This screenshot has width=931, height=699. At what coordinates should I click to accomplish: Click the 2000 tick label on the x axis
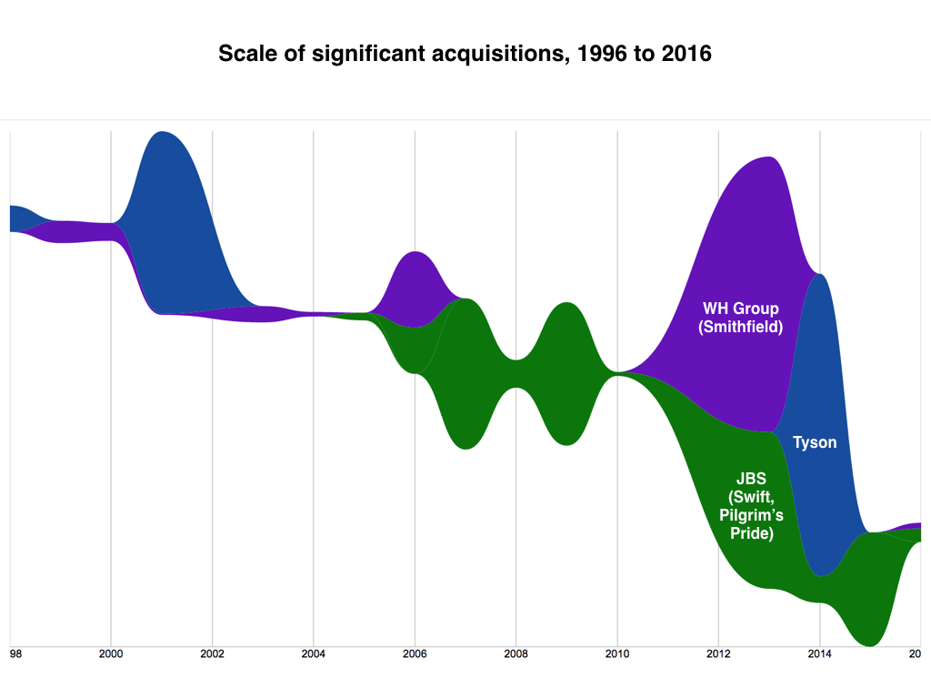click(x=111, y=653)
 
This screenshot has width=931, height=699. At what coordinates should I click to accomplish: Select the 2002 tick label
click(x=212, y=653)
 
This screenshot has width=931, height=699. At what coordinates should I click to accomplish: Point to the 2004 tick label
click(x=314, y=653)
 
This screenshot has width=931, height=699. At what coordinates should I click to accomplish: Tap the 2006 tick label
click(x=415, y=653)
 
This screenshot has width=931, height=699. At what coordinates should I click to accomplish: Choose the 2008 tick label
click(x=516, y=653)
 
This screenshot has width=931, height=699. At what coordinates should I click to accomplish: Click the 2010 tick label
click(x=617, y=653)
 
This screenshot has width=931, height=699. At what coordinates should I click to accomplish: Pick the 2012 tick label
click(x=718, y=653)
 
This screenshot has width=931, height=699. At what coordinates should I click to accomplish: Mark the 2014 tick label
click(x=820, y=653)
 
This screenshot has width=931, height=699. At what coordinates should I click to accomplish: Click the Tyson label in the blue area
click(x=815, y=443)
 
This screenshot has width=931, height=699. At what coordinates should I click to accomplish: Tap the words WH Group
click(x=740, y=308)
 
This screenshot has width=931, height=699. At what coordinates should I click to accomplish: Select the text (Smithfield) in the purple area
click(x=740, y=327)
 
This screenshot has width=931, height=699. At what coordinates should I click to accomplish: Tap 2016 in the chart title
click(x=686, y=54)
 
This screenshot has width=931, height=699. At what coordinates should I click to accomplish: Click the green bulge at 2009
click(x=566, y=373)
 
